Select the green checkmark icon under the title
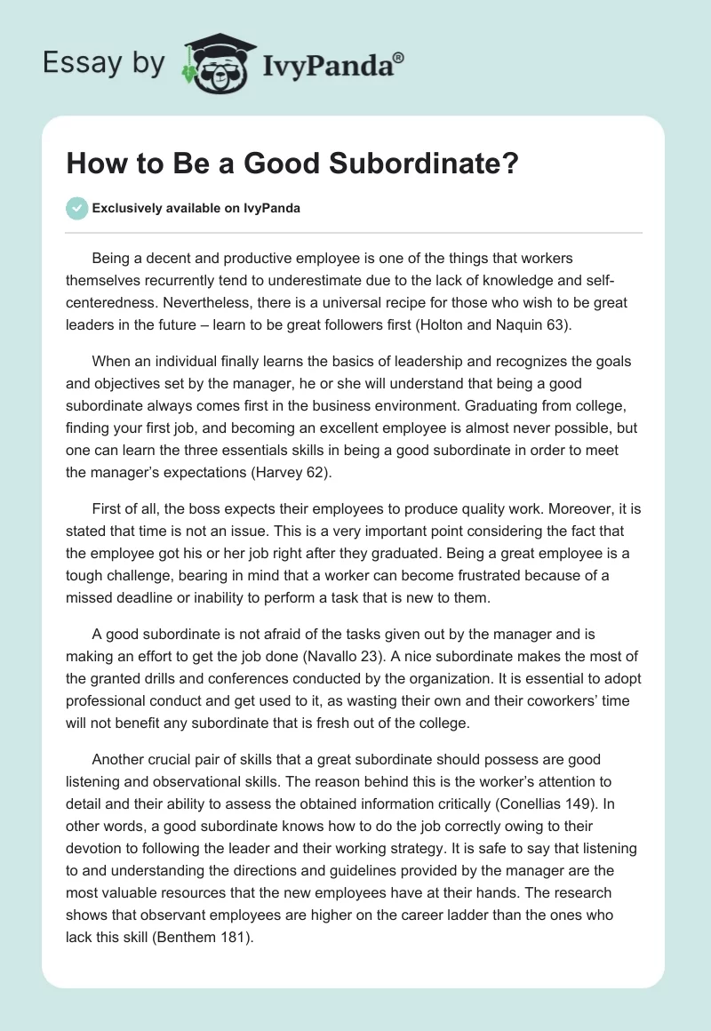76,208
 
